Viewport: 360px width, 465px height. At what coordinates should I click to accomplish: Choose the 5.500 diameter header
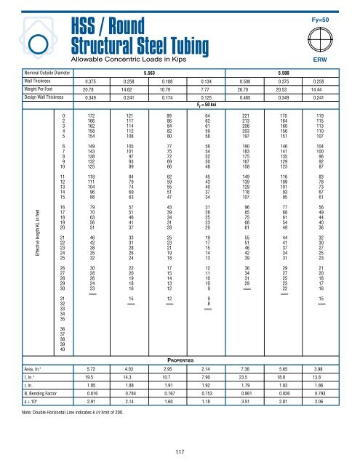[286, 73]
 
